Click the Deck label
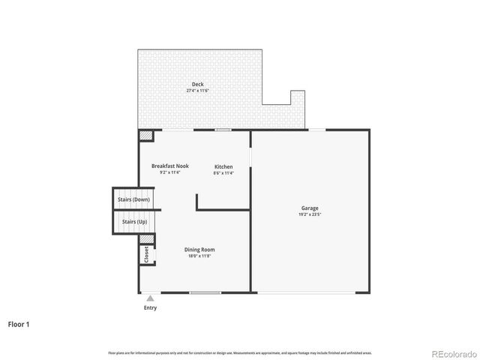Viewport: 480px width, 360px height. coord(197,84)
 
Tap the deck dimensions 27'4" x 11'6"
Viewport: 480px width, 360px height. coord(197,91)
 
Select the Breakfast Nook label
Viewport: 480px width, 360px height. coord(170,166)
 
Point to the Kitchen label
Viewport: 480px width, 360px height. coord(223,166)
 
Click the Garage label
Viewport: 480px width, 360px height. coord(310,208)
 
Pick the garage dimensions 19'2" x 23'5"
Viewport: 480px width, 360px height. coord(310,214)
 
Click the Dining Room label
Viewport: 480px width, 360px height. coord(200,250)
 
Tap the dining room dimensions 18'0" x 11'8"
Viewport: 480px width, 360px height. coord(200,256)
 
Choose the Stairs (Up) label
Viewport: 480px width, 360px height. coord(135,222)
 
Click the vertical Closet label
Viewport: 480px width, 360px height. coord(146,254)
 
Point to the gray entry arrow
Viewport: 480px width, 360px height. coord(150,298)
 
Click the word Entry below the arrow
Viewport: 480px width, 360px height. coord(150,307)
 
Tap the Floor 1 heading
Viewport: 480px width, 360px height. coord(19,325)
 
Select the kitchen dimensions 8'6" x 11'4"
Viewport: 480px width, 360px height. coord(223,173)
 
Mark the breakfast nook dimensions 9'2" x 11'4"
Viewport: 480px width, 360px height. coord(170,172)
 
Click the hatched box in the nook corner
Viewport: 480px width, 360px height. coord(145,136)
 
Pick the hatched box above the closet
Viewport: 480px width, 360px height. coord(147,239)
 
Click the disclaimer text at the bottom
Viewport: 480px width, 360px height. coord(240,352)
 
